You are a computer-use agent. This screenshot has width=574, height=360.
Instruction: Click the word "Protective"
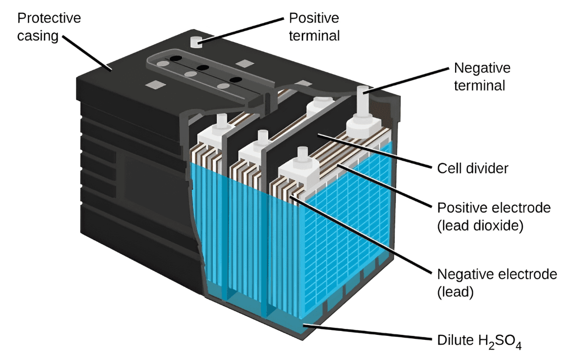point(49,18)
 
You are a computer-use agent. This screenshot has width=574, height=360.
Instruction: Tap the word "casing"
point(38,36)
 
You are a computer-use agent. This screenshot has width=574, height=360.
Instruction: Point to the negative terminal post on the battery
point(363,96)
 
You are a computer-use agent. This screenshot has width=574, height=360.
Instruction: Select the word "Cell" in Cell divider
point(450,169)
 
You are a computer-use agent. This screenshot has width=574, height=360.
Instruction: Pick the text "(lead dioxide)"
point(480,226)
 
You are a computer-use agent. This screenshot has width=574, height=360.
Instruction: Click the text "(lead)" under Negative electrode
point(455,292)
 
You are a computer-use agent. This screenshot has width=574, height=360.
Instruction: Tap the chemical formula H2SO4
point(500,341)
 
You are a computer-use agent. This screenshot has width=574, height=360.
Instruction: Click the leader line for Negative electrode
point(361,235)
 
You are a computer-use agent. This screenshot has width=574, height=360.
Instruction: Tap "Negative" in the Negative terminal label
point(482,68)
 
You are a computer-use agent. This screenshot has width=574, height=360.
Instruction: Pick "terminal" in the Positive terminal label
point(314,36)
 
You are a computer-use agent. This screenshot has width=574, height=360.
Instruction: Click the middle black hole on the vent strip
point(202,67)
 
